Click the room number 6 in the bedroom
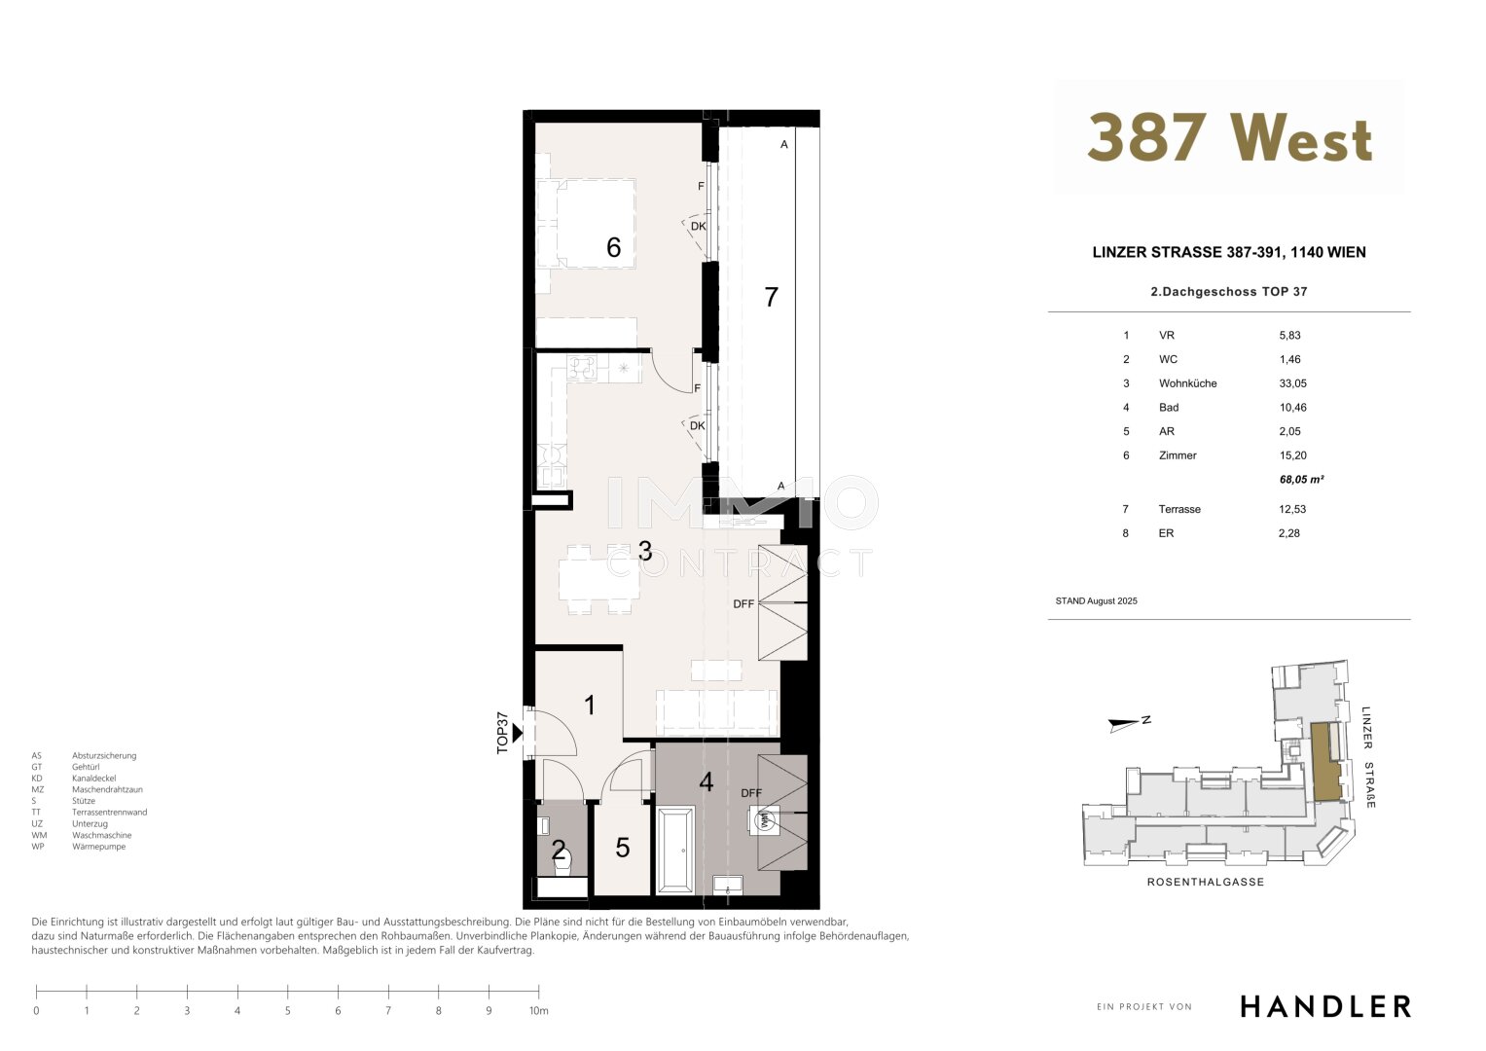[x=614, y=247]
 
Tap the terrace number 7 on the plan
[x=771, y=297]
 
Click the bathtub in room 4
[x=675, y=850]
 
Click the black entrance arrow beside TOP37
[x=518, y=733]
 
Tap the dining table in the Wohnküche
[x=599, y=580]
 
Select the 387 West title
[x=1229, y=137]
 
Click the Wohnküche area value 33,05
[x=1293, y=383]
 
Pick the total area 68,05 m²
[x=1301, y=479]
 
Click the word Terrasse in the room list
[x=1179, y=509]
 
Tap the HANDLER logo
[x=1326, y=1006]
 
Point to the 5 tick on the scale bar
[x=288, y=992]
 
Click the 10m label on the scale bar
[x=539, y=1010]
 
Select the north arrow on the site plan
[x=1124, y=725]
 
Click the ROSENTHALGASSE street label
[x=1206, y=882]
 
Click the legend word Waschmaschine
[x=101, y=835]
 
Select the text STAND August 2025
[x=1096, y=601]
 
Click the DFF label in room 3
[x=743, y=603]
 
